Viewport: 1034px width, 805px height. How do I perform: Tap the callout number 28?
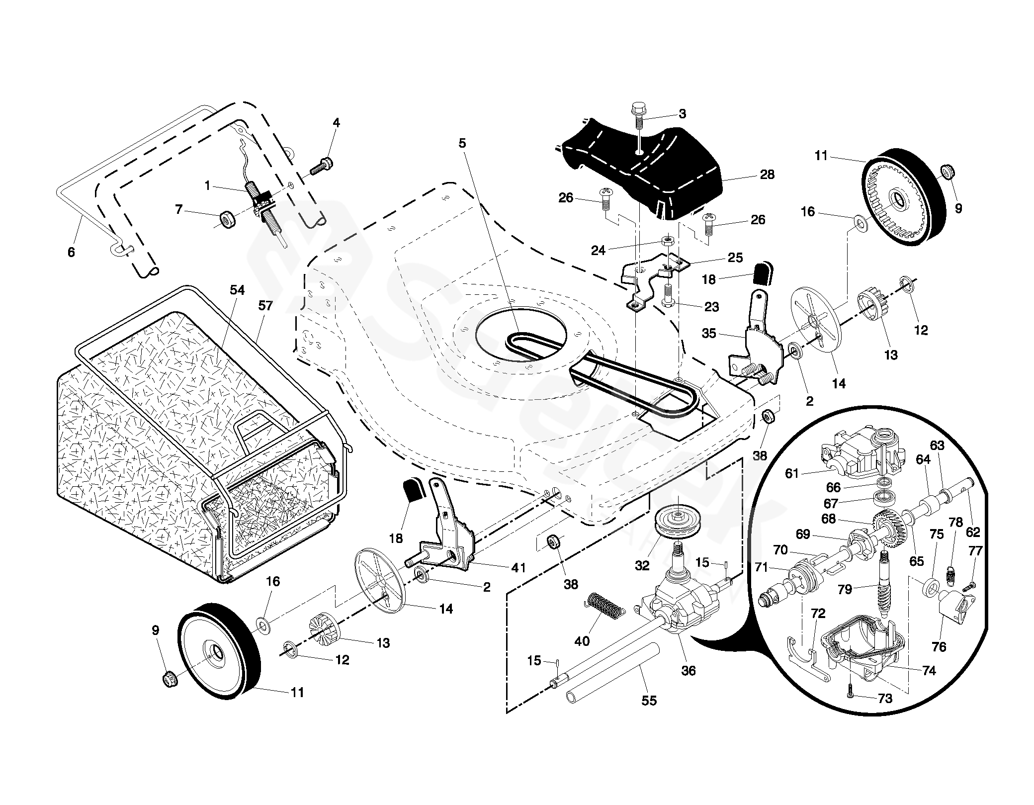767,175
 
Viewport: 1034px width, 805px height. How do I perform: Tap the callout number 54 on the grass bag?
237,290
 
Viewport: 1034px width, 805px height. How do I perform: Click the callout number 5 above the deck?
462,144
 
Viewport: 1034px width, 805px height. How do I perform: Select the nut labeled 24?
669,241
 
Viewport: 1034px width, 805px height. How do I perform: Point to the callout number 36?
689,671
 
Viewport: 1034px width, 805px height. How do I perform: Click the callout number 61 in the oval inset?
791,473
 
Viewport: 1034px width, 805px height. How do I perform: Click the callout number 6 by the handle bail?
71,252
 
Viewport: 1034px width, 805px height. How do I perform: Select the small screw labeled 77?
969,587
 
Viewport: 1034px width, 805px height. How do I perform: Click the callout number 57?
265,305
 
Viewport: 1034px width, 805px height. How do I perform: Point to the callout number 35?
709,333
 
